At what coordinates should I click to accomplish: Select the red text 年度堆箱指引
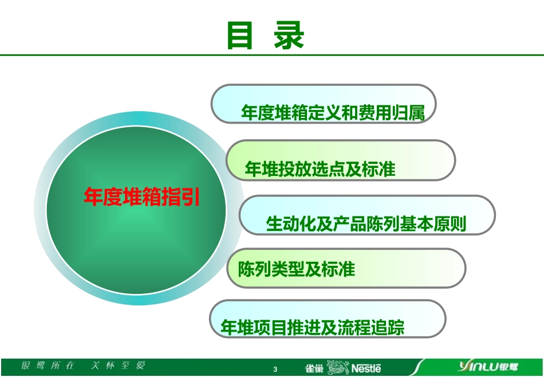click(142, 197)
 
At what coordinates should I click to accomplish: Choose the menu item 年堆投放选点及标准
click(320, 169)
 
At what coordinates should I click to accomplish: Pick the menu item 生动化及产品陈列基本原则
click(366, 223)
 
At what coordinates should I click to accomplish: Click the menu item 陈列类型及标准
click(297, 269)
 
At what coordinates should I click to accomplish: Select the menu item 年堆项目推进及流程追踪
click(313, 327)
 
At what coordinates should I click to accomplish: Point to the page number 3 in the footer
click(275, 369)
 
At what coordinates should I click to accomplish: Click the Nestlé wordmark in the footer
click(366, 368)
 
